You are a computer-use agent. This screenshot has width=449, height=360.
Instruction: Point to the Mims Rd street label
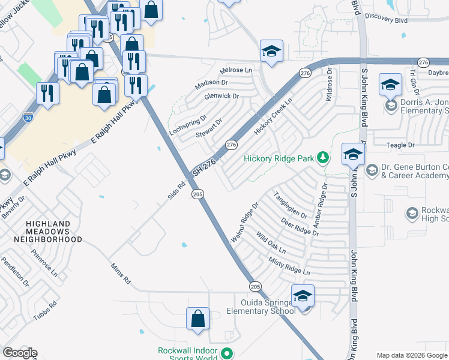[120, 272]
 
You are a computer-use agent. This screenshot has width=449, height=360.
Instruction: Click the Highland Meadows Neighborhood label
[53, 231]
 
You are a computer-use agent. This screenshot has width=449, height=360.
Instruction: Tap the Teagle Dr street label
[402, 145]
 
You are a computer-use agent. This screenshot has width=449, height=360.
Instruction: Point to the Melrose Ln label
[237, 70]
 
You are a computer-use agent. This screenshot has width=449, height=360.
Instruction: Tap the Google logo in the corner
[20, 353]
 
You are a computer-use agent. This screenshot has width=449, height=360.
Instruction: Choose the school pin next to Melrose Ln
[271, 52]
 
